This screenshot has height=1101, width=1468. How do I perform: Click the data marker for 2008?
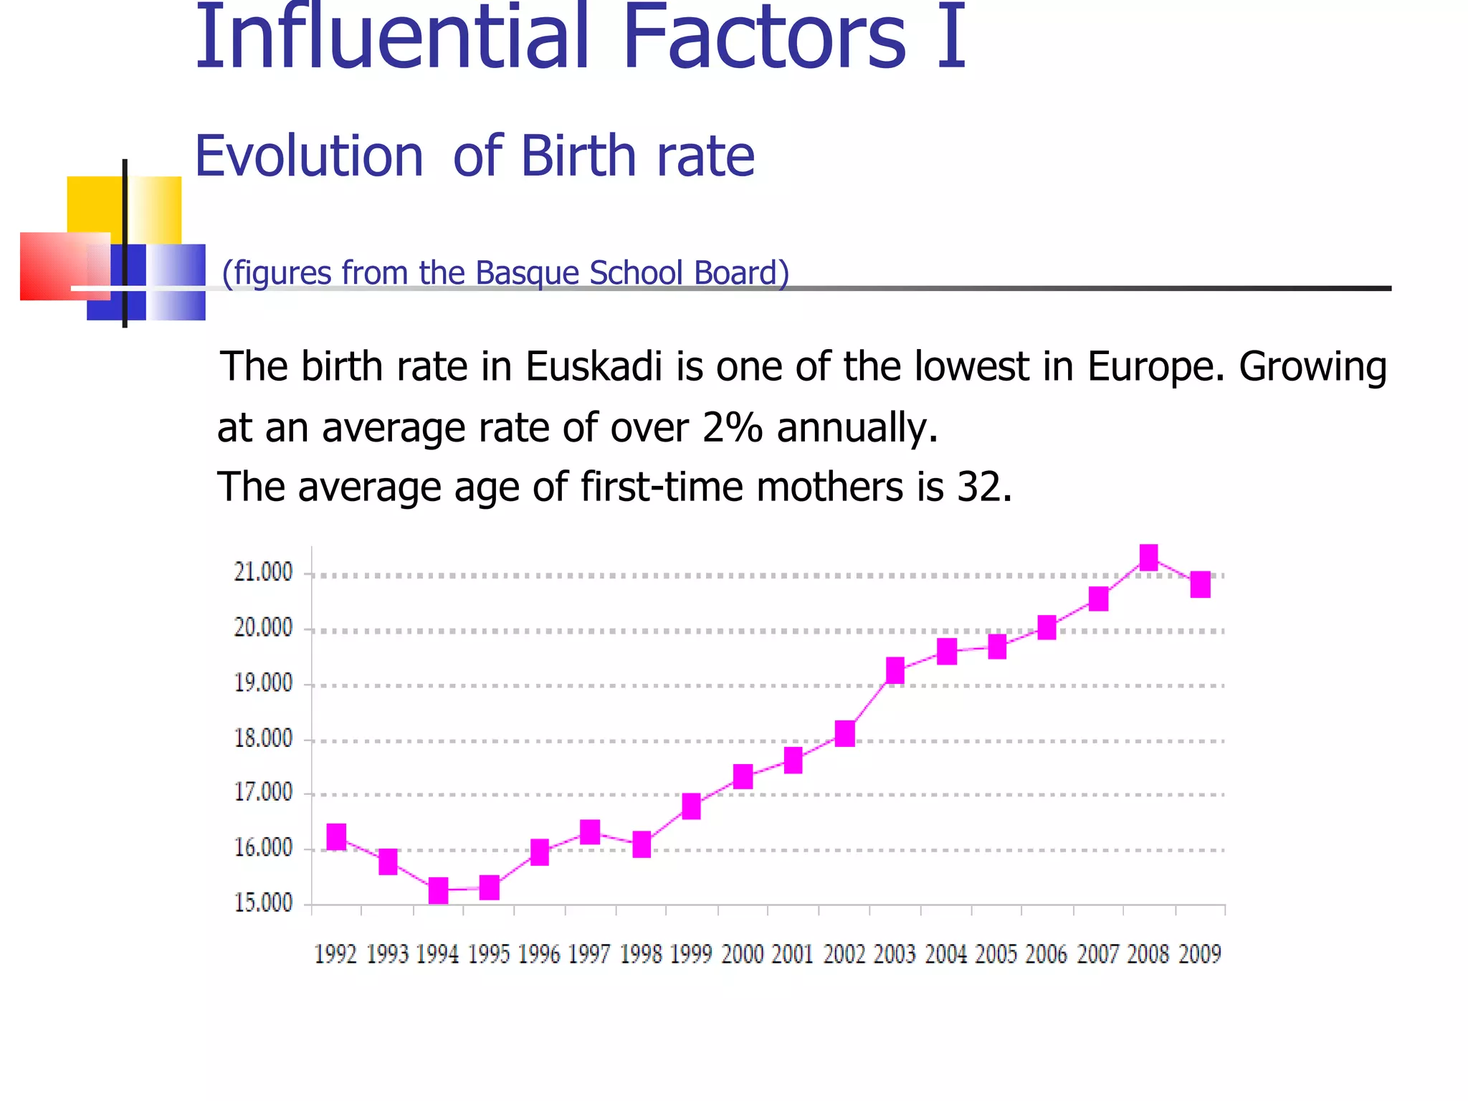(x=1148, y=557)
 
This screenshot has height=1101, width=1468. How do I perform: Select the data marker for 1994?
(x=438, y=890)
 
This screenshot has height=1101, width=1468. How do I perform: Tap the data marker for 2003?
(x=895, y=670)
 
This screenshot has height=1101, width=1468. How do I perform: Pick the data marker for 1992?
(x=336, y=837)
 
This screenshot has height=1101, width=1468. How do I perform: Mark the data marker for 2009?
(x=1200, y=584)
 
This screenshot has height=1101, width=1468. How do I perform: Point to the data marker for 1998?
(x=642, y=844)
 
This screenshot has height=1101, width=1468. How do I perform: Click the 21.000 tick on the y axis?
(x=264, y=572)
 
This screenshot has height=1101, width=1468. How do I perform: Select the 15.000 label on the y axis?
(x=264, y=902)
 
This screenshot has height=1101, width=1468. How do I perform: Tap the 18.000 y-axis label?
(x=264, y=738)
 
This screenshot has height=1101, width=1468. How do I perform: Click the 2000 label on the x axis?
(x=743, y=954)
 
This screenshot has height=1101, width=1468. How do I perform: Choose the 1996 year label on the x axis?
(x=539, y=954)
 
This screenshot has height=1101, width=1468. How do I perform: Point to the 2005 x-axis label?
(x=996, y=954)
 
